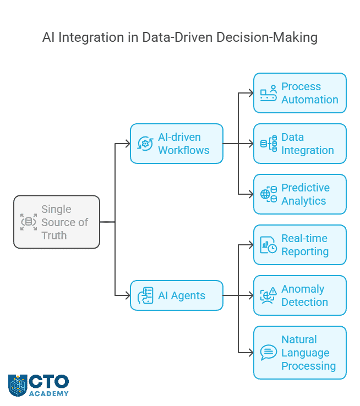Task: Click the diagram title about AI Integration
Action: [180, 37]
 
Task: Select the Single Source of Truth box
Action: [57, 222]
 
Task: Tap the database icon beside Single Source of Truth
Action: [29, 222]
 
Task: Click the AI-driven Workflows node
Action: [176, 144]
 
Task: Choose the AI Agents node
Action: [176, 295]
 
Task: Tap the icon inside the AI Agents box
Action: [146, 295]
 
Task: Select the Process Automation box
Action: [300, 93]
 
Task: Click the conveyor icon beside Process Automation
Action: [269, 93]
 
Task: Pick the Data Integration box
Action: [300, 144]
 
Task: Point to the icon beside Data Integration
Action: [269, 144]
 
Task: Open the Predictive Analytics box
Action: [300, 194]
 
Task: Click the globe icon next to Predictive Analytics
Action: [269, 194]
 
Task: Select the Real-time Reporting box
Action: [300, 245]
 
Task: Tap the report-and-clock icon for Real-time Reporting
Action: [269, 245]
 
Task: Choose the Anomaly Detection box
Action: [300, 295]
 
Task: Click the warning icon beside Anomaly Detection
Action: [269, 295]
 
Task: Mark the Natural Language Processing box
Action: [300, 353]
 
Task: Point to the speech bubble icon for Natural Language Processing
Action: [269, 353]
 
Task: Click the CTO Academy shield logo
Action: [17, 385]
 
